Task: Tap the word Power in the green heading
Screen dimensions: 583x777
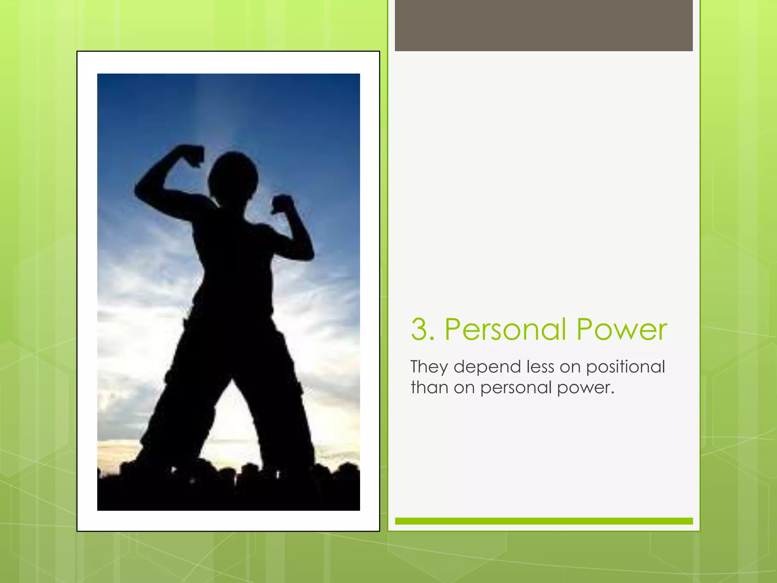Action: (622, 329)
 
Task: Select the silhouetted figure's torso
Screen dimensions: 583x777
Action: (233, 258)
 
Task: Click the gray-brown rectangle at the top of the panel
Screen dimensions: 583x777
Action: (544, 25)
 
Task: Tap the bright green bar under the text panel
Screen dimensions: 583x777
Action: (544, 521)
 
